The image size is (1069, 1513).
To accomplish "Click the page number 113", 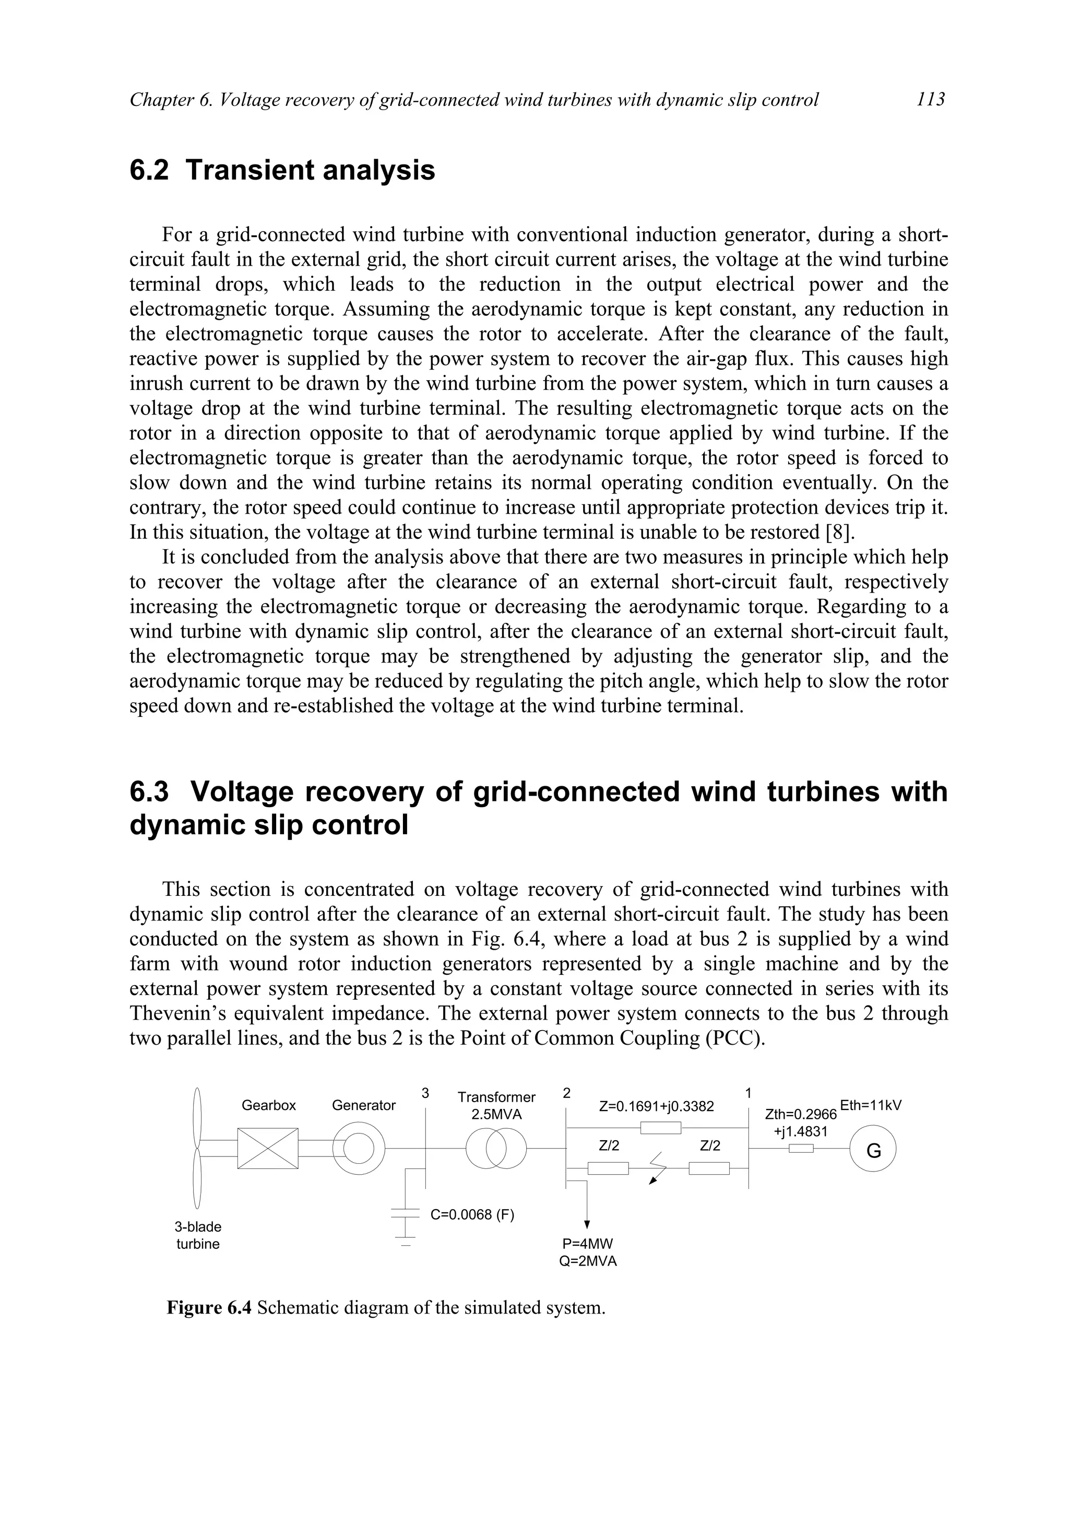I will click(930, 100).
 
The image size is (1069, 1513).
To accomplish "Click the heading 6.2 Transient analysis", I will click(282, 170).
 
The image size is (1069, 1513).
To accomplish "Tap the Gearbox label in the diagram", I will click(269, 1105).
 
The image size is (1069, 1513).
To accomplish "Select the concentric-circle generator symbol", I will click(358, 1149).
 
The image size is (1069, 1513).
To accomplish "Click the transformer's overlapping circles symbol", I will click(496, 1149).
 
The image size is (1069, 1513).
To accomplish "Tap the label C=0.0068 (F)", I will click(472, 1214).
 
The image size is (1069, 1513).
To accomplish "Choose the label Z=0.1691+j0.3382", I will click(657, 1106).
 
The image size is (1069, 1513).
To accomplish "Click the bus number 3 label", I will click(425, 1093).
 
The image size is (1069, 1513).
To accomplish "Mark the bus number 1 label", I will click(748, 1093).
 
